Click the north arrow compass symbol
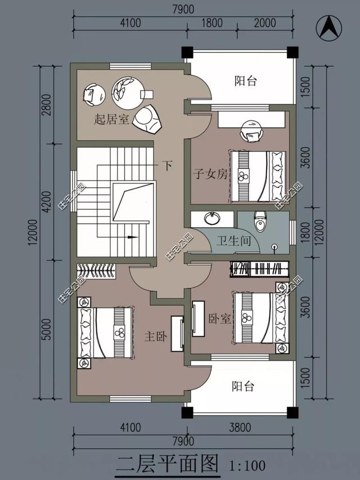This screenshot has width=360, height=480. pos(328,28)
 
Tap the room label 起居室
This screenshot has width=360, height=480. pos(111,119)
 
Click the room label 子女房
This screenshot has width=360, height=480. pos(210,174)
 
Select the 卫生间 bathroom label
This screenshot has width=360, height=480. pos(233,241)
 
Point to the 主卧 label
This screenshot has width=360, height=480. pos(155,337)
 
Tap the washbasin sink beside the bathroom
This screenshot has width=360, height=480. pos(212,218)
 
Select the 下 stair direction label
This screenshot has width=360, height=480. pos(168,165)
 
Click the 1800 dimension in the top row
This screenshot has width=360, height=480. pos(212,23)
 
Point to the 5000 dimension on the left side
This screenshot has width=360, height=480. pos(47,329)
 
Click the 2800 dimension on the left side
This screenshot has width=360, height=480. pos(47,105)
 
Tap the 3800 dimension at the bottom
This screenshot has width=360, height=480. pos(240,427)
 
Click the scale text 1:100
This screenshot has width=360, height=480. pos(247,465)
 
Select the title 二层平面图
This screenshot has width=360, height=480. pos(168,464)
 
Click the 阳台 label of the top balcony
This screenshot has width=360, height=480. pos(245,81)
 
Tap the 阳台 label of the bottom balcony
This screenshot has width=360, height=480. pos(243,387)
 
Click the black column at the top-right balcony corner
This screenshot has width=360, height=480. pos(292,52)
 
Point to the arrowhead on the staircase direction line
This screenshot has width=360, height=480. pos(132,237)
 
